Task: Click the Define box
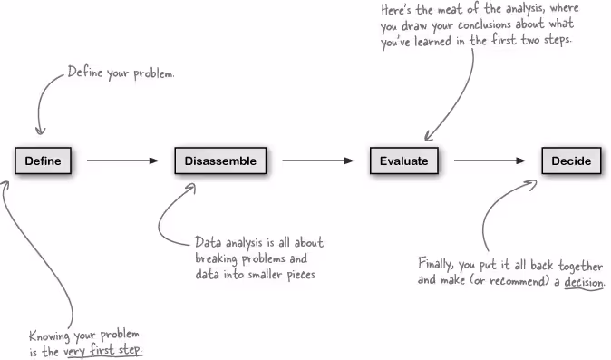click(43, 161)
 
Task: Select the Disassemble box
click(220, 161)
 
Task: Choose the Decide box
click(571, 161)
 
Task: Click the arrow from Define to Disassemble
click(122, 161)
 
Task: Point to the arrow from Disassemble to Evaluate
click(317, 161)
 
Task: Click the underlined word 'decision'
click(584, 283)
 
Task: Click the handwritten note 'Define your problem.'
click(121, 73)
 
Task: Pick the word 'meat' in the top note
click(445, 9)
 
